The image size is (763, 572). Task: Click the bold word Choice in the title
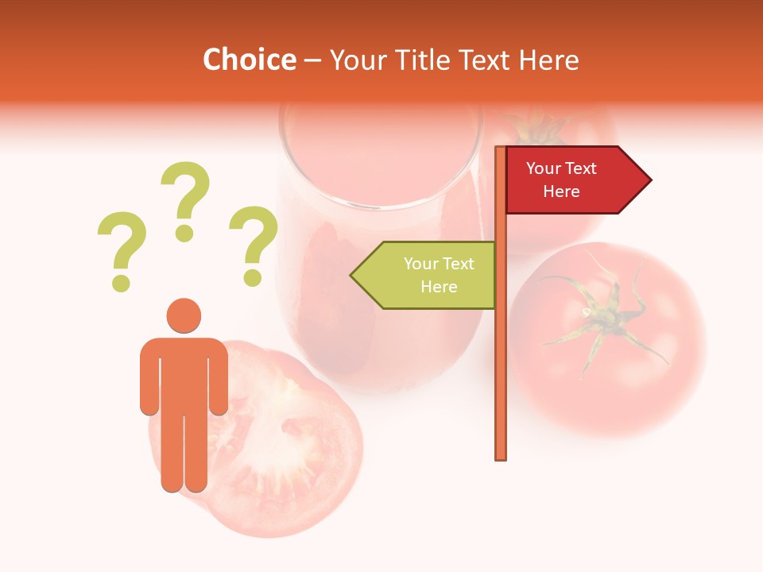[249, 60]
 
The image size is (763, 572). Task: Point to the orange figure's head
[184, 315]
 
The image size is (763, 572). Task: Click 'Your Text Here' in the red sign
[561, 180]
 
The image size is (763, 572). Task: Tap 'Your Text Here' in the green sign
[439, 275]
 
